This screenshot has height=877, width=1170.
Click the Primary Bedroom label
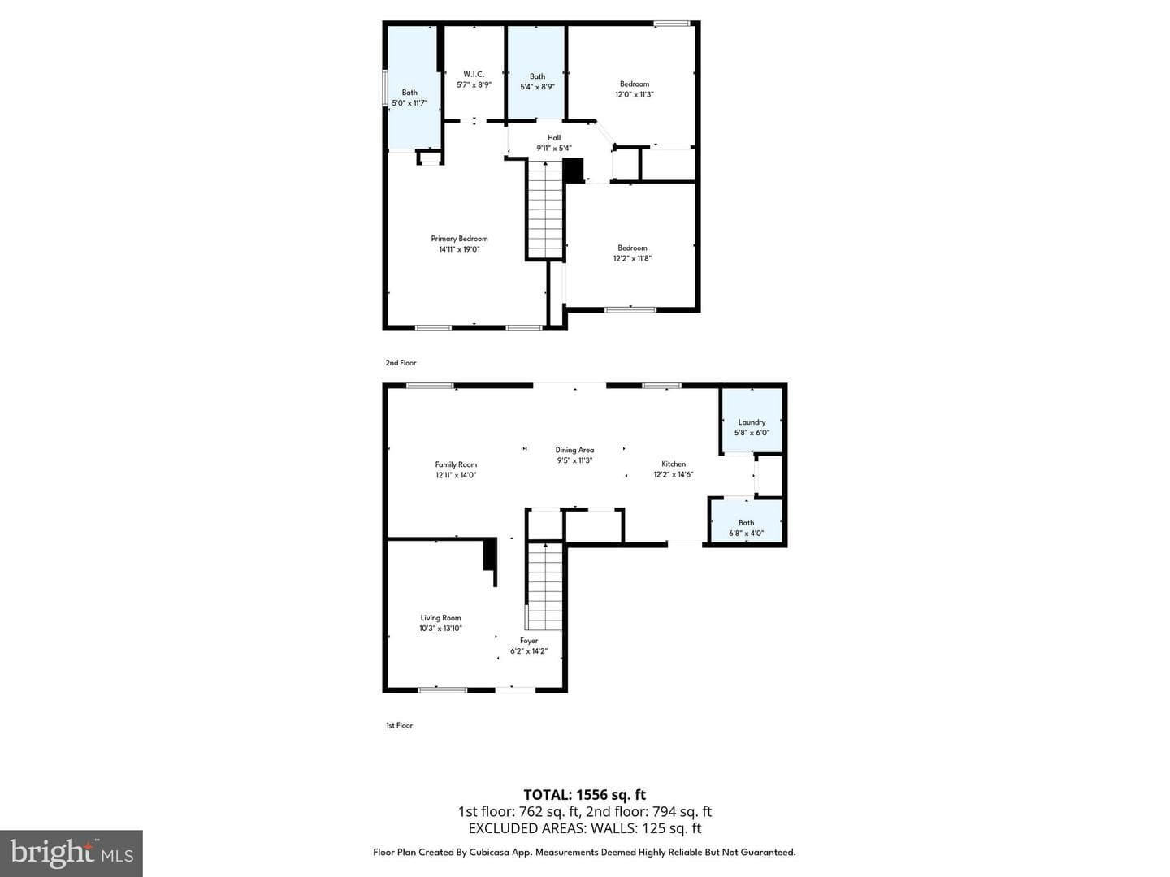(459, 239)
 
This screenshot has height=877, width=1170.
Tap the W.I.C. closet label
(474, 75)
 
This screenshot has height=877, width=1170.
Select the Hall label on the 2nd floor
(554, 138)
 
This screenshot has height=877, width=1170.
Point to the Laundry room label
(752, 422)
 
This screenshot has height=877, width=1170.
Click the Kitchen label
(674, 464)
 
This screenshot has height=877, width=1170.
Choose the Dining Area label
(574, 450)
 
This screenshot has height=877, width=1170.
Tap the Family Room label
(456, 464)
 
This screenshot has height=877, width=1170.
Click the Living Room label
(440, 618)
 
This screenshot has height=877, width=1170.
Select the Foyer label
(529, 641)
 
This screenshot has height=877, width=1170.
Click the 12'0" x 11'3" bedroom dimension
(635, 94)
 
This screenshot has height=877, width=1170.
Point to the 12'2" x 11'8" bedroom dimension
(632, 258)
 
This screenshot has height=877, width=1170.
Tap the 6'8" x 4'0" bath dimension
(746, 533)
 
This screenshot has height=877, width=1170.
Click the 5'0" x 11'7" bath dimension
(409, 103)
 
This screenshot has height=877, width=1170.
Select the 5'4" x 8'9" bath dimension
(537, 87)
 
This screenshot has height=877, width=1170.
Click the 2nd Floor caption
(401, 363)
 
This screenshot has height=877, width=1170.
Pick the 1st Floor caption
(399, 725)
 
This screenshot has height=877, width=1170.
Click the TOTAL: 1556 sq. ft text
(584, 795)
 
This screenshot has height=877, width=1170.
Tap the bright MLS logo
(71, 853)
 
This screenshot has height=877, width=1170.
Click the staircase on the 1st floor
(544, 586)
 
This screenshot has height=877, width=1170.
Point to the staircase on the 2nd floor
(545, 210)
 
